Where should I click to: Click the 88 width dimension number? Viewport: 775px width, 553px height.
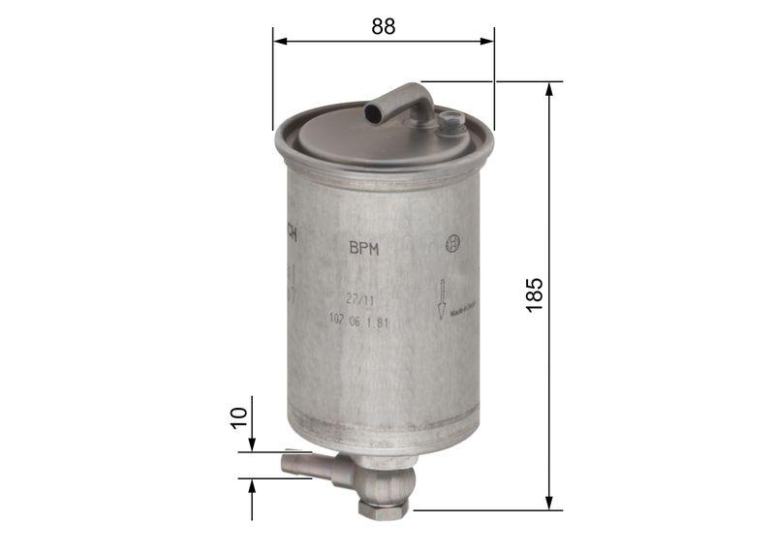[384, 27]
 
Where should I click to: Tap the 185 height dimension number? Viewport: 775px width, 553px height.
[535, 294]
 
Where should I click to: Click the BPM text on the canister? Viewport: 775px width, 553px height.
[363, 248]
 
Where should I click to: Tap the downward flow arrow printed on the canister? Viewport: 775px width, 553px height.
[441, 298]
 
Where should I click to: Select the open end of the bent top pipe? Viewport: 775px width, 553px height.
[374, 114]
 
